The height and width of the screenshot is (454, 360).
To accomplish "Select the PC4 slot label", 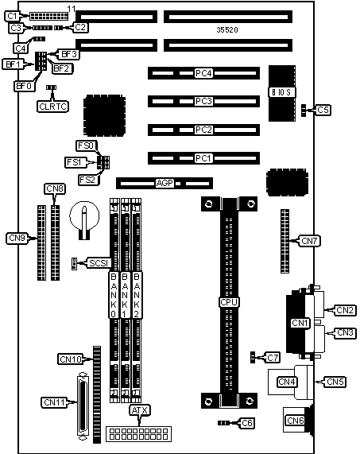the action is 203,73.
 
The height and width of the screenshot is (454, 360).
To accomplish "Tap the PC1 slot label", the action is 203,158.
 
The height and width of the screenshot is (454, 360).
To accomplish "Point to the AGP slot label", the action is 165,184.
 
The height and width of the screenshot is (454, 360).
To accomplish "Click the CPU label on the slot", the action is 229,302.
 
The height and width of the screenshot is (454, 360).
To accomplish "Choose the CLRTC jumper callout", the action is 53,107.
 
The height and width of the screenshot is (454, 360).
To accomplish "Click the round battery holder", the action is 84,216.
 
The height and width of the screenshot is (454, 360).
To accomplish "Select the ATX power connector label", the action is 140,410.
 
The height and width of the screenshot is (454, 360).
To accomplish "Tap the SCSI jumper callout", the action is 99,263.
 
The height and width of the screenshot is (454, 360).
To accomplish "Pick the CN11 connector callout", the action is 54,402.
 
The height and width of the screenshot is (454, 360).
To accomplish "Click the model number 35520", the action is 227,30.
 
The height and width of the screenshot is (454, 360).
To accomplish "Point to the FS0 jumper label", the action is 87,146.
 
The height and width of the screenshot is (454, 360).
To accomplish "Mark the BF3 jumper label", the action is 69,54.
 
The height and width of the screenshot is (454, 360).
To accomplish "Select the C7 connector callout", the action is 273,358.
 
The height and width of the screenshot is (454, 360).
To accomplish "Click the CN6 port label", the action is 296,420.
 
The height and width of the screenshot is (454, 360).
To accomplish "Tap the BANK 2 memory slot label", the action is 137,295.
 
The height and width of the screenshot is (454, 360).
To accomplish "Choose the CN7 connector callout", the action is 309,241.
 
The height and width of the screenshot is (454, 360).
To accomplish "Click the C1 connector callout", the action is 12,16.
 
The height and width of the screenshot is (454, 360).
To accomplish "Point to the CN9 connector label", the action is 17,239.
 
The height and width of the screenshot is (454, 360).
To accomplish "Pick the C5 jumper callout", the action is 323,110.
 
